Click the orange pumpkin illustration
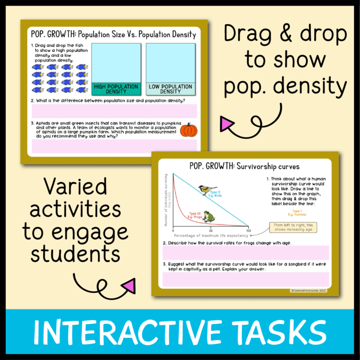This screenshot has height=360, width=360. [x=188, y=130]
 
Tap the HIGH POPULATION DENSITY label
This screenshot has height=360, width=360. [x=116, y=89]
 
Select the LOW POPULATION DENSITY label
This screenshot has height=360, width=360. [x=170, y=89]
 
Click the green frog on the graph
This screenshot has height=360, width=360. [x=208, y=217]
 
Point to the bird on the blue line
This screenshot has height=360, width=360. [x=204, y=189]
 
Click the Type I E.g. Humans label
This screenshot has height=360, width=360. [x=296, y=213]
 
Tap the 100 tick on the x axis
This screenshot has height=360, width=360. [x=248, y=231]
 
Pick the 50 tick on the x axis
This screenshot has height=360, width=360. [x=211, y=231]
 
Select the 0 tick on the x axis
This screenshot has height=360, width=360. [x=173, y=231]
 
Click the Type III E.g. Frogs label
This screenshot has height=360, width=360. [x=195, y=214]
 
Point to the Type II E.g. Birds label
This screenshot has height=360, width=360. [x=216, y=194]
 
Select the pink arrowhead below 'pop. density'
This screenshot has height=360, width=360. [x=227, y=124]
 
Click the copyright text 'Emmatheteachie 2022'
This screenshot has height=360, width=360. [x=309, y=291]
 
